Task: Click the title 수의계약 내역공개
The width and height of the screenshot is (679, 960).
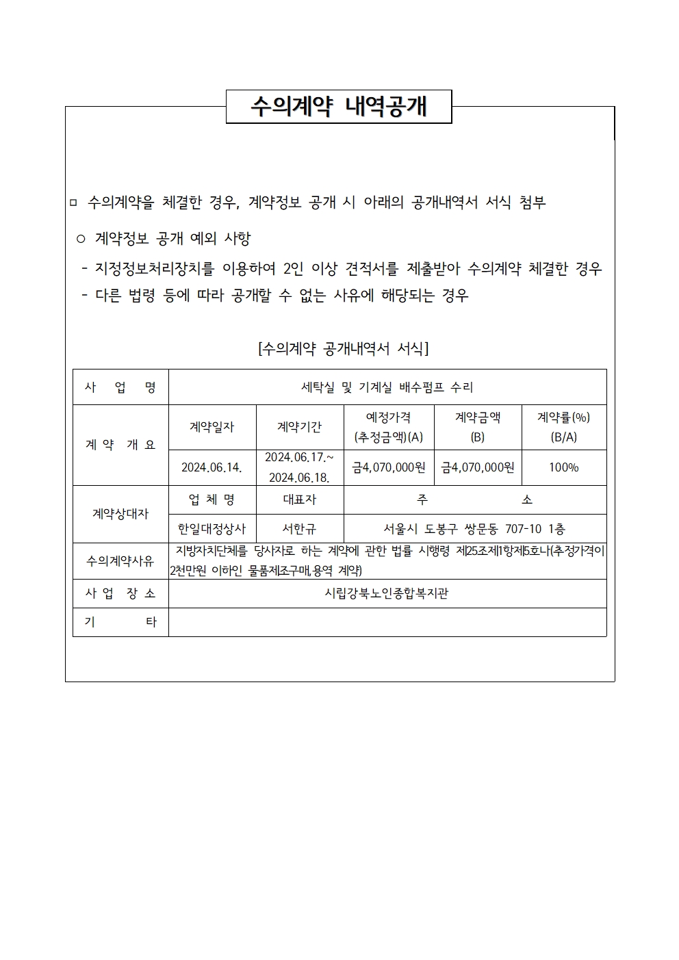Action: (339, 107)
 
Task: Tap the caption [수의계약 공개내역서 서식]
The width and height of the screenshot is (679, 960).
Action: (343, 349)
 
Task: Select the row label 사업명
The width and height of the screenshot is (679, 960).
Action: (120, 387)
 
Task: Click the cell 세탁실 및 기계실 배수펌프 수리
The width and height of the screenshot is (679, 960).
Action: (387, 387)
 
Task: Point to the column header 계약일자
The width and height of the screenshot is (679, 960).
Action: (212, 427)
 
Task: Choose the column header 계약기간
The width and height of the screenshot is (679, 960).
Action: (300, 427)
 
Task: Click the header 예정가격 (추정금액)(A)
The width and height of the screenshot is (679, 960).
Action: (388, 427)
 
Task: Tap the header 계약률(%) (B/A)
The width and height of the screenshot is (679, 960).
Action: (563, 427)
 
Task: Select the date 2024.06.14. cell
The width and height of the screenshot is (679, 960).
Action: (212, 468)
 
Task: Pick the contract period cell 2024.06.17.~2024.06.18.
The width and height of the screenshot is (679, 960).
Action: (300, 467)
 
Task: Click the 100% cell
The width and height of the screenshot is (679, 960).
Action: (563, 468)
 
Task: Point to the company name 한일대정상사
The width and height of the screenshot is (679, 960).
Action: (212, 529)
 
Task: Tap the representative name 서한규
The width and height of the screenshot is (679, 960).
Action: (300, 529)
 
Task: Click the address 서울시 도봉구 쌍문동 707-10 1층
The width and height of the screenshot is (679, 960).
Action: (474, 529)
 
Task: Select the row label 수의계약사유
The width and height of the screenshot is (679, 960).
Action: (120, 561)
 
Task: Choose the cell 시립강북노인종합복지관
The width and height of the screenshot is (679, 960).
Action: (387, 594)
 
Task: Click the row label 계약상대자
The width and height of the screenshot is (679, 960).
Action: (120, 514)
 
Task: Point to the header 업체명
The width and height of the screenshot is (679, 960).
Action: (212, 500)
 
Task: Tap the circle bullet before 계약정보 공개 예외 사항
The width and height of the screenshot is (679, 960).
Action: (81, 239)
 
